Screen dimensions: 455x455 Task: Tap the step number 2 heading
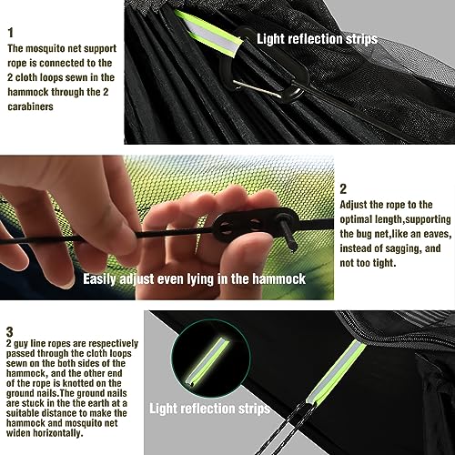[343, 189]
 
